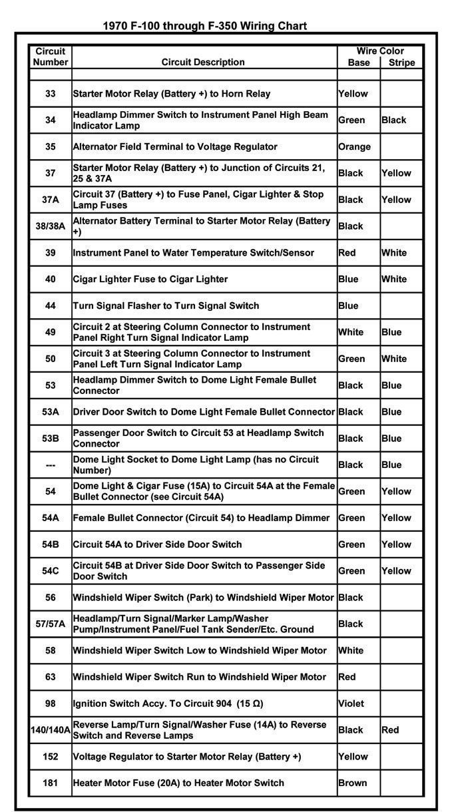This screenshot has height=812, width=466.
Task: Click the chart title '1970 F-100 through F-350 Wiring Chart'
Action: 204,26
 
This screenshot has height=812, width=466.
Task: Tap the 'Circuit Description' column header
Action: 203,62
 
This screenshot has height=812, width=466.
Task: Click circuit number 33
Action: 51,94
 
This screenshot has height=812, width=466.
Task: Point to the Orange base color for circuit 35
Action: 354,146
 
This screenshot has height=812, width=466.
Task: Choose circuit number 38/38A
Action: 51,226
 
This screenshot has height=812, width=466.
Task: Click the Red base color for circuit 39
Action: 347,253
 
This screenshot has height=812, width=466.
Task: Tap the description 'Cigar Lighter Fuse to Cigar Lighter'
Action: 150,280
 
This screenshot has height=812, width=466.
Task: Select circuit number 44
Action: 51,306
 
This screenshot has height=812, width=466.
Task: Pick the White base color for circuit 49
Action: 351,332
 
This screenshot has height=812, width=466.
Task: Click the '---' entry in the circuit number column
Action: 51,465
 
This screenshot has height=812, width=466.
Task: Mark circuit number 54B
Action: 51,544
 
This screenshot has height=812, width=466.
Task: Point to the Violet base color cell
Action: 351,704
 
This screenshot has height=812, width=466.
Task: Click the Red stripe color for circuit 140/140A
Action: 390,730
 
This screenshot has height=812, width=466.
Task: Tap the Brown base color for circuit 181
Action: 352,783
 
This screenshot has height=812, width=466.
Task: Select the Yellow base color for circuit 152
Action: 353,757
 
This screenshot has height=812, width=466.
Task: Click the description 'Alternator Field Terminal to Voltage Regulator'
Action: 175,146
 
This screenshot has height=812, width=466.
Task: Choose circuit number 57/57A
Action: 51,624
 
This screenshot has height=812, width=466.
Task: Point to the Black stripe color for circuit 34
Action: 394,120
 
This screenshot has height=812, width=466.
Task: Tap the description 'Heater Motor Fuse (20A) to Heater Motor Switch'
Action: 178,783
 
